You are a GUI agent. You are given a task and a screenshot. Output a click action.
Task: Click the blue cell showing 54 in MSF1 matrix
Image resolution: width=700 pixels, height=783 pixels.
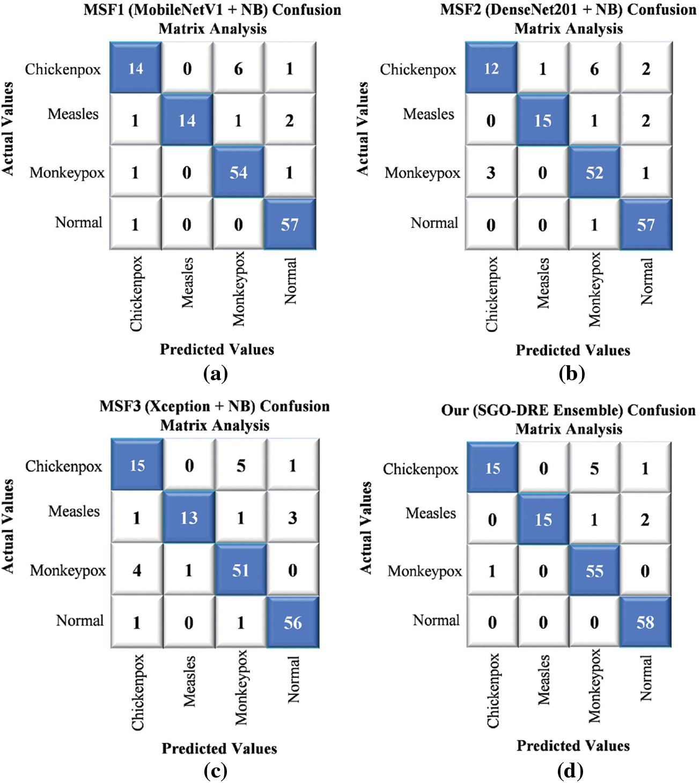(x=238, y=172)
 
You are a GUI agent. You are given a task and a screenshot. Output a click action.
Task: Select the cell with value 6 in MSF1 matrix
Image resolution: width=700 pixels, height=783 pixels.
(x=238, y=69)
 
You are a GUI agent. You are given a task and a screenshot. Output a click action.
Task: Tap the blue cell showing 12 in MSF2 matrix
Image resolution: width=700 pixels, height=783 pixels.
(x=491, y=69)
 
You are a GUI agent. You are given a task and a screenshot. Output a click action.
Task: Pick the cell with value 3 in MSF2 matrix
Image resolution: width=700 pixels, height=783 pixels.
(x=491, y=173)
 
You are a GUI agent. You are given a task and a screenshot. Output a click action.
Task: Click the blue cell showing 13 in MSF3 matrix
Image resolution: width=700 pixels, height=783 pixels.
(x=189, y=518)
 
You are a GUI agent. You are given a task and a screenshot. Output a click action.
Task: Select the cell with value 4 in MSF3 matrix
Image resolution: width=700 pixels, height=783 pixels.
(x=137, y=570)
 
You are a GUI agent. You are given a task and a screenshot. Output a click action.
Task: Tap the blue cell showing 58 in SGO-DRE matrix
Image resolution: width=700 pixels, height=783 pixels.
(x=645, y=622)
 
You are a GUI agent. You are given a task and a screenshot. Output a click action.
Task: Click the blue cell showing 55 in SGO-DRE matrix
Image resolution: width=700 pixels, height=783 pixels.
(x=594, y=571)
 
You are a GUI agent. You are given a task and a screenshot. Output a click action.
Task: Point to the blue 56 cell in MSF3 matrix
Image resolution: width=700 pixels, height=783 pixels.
(x=293, y=622)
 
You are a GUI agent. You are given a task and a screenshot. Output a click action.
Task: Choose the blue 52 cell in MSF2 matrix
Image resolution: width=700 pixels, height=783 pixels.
(x=594, y=173)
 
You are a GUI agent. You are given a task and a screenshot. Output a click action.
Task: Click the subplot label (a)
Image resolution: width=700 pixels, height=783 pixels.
(x=216, y=373)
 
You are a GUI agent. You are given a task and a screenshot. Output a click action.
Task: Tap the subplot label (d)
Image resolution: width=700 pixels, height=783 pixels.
(x=570, y=771)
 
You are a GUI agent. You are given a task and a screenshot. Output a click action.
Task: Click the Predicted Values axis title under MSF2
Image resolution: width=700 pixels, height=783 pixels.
(x=573, y=350)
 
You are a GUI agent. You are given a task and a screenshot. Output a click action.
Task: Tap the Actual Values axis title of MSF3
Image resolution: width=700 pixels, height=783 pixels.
(x=8, y=526)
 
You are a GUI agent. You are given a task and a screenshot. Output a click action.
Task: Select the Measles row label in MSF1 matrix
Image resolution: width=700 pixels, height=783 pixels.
(x=73, y=114)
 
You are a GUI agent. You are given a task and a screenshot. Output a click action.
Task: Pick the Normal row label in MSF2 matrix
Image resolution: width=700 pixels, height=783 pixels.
(x=434, y=223)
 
